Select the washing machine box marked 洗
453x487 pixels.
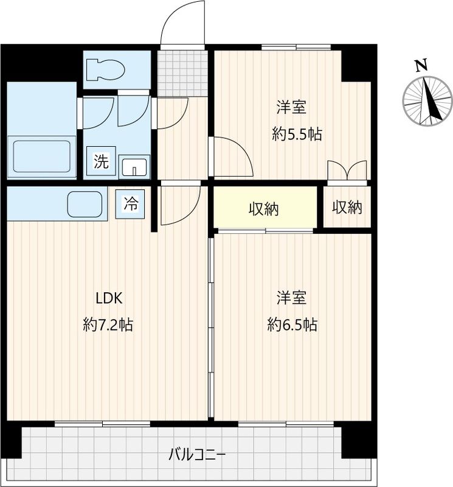coord(101,162)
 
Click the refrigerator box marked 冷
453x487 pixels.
coord(131,203)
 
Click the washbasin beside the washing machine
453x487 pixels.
coord(135,166)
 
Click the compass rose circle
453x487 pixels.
coord(428,101)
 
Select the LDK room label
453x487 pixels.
coord(109,298)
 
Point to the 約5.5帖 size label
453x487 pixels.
coord(297,135)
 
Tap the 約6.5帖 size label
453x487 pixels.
coord(292,325)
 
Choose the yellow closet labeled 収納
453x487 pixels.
coord(264,209)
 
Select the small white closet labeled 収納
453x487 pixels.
coord(347,208)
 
